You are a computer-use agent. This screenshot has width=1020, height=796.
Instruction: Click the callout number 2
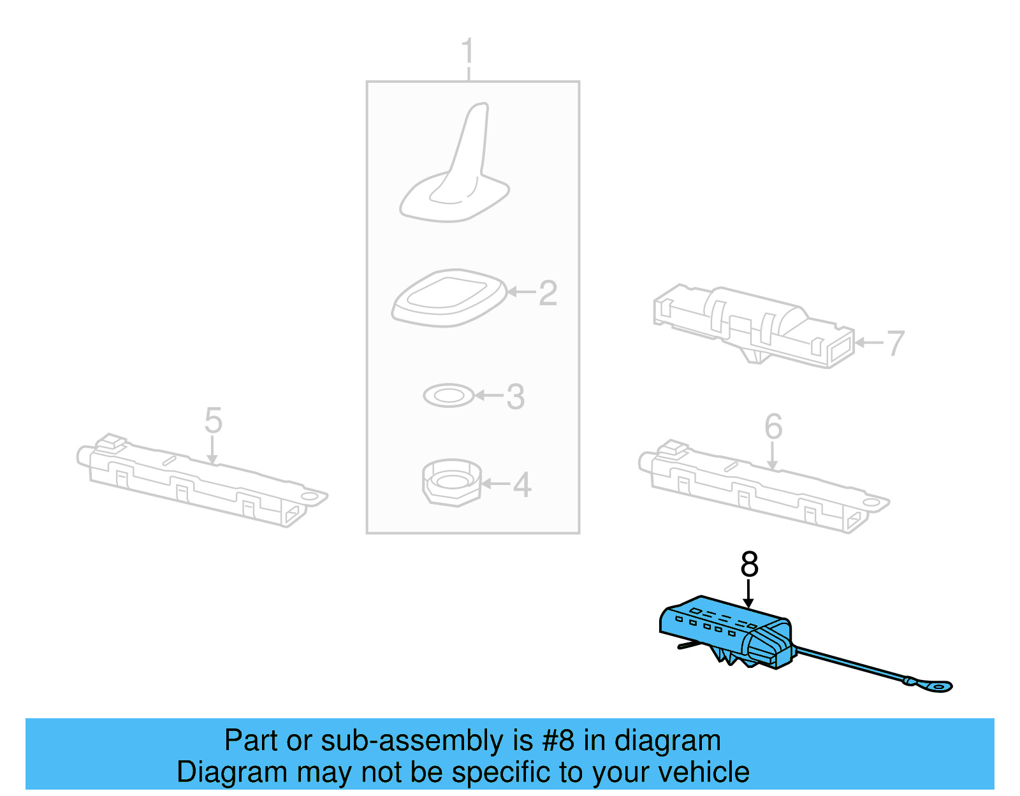pyautogui.click(x=548, y=293)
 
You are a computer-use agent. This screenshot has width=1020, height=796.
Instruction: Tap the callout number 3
pyautogui.click(x=515, y=396)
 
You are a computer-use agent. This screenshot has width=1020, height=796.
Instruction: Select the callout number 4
pyautogui.click(x=522, y=485)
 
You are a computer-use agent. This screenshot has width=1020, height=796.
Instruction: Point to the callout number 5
pyautogui.click(x=213, y=421)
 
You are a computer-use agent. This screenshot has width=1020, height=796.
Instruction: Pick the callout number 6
pyautogui.click(x=773, y=426)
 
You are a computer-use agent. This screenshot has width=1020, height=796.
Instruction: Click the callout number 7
pyautogui.click(x=896, y=343)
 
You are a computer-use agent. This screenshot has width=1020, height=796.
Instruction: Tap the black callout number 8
pyautogui.click(x=749, y=565)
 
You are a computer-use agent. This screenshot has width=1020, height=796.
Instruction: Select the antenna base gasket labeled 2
pyautogui.click(x=449, y=298)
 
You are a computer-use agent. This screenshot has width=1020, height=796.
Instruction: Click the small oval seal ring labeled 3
pyautogui.click(x=449, y=396)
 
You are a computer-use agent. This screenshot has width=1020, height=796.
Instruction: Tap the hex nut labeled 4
pyautogui.click(x=451, y=482)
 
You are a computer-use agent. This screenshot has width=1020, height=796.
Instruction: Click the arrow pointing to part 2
pyautogui.click(x=521, y=293)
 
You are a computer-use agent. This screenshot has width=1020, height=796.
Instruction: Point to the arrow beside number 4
pyautogui.click(x=496, y=484)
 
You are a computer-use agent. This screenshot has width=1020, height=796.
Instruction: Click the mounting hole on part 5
pyautogui.click(x=312, y=496)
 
